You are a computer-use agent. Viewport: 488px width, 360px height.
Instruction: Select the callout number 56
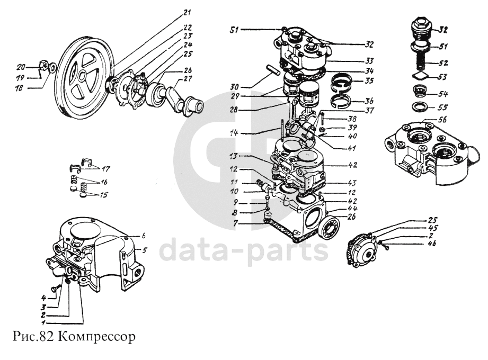tap(443, 120)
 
